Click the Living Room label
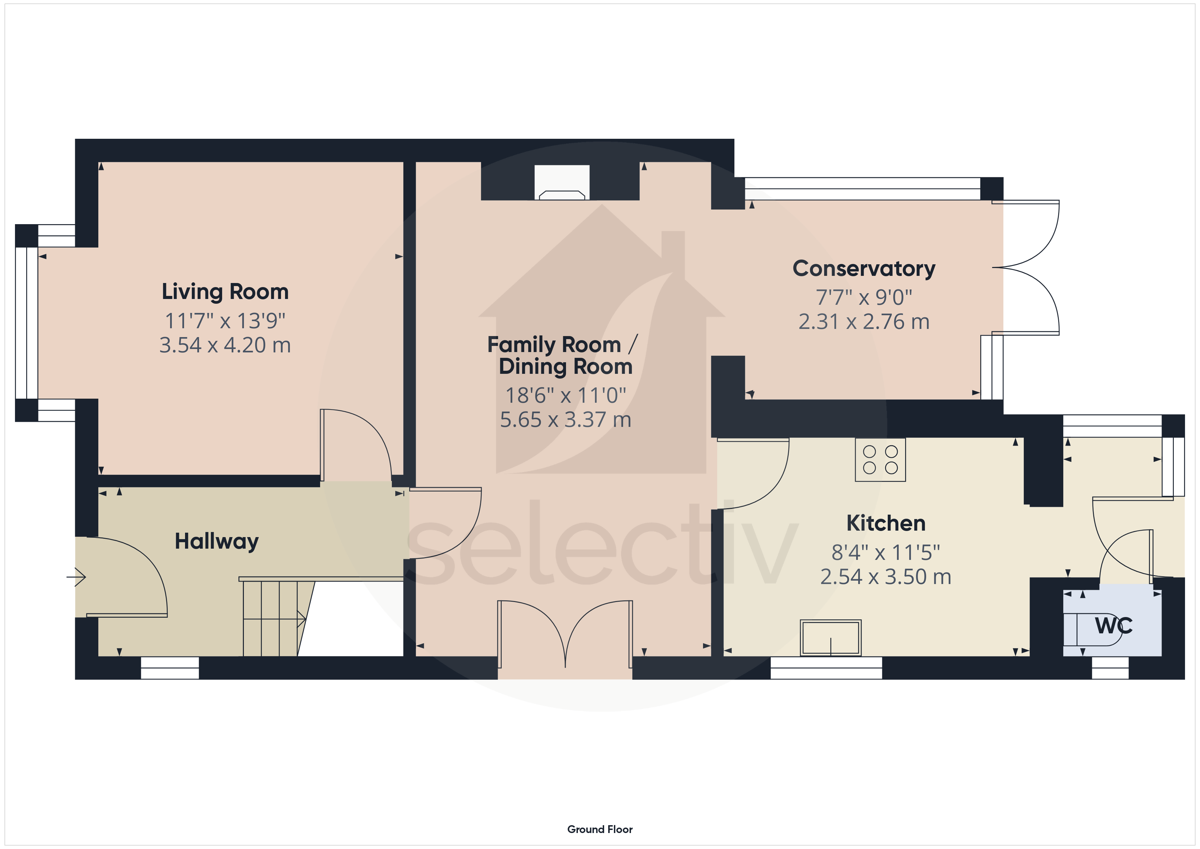coord(225,292)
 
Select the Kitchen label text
coord(885,523)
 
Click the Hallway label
coord(216,541)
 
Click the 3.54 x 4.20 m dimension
coord(225,345)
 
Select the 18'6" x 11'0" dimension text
coord(566,396)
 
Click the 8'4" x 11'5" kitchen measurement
coord(885,552)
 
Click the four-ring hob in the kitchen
coord(880,460)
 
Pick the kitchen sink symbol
coord(831,637)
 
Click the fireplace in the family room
coord(562,183)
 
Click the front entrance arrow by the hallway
coord(77,577)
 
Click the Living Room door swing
coord(355,444)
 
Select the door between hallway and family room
coord(445,523)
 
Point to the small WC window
coord(1110,668)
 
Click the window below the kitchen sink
coord(826,668)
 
